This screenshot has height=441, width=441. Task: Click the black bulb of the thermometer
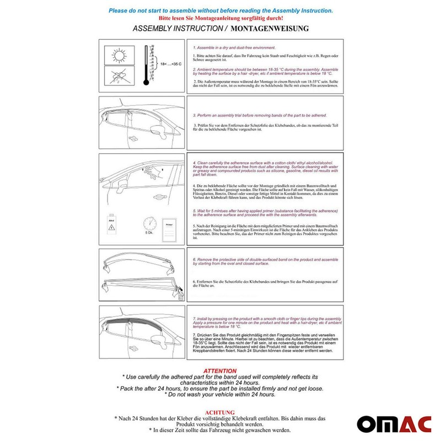146,82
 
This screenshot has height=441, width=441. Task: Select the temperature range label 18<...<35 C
170,64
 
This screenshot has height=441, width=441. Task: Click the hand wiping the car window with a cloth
158,173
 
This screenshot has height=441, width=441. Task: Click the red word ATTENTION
220,371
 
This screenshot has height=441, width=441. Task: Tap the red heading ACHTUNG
220,412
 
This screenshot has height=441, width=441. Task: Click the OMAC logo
394,423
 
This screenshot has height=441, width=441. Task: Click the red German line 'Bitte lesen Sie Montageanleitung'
220,18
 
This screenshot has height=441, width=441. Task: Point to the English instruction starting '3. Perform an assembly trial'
260,116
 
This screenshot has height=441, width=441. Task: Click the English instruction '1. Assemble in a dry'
237,49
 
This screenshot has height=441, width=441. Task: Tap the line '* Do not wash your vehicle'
220,395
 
